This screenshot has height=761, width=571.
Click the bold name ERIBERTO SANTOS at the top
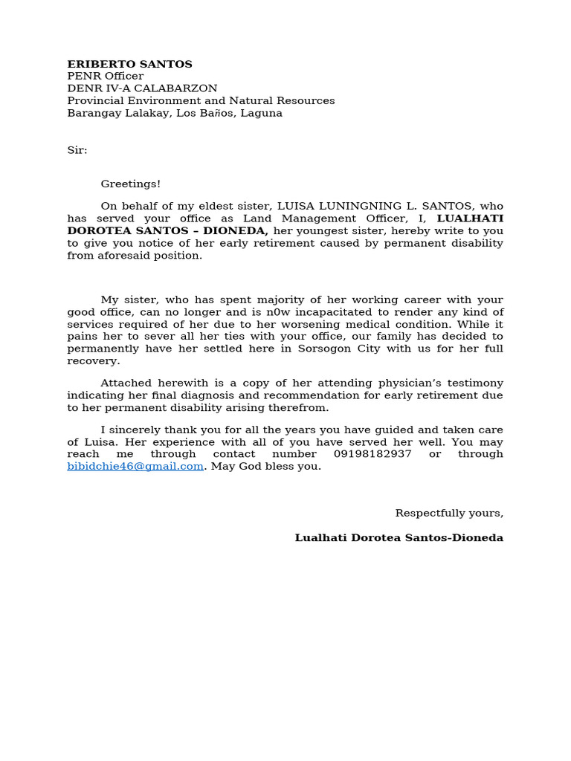click(129, 64)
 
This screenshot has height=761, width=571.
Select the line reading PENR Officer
click(105, 77)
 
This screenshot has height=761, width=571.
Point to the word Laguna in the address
click(262, 113)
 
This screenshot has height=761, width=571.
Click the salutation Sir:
click(77, 150)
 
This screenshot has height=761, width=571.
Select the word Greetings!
click(131, 184)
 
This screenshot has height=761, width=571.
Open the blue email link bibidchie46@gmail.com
click(135, 466)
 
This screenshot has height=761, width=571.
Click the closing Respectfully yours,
click(449, 513)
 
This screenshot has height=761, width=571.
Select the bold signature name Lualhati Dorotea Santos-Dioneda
click(399, 537)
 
